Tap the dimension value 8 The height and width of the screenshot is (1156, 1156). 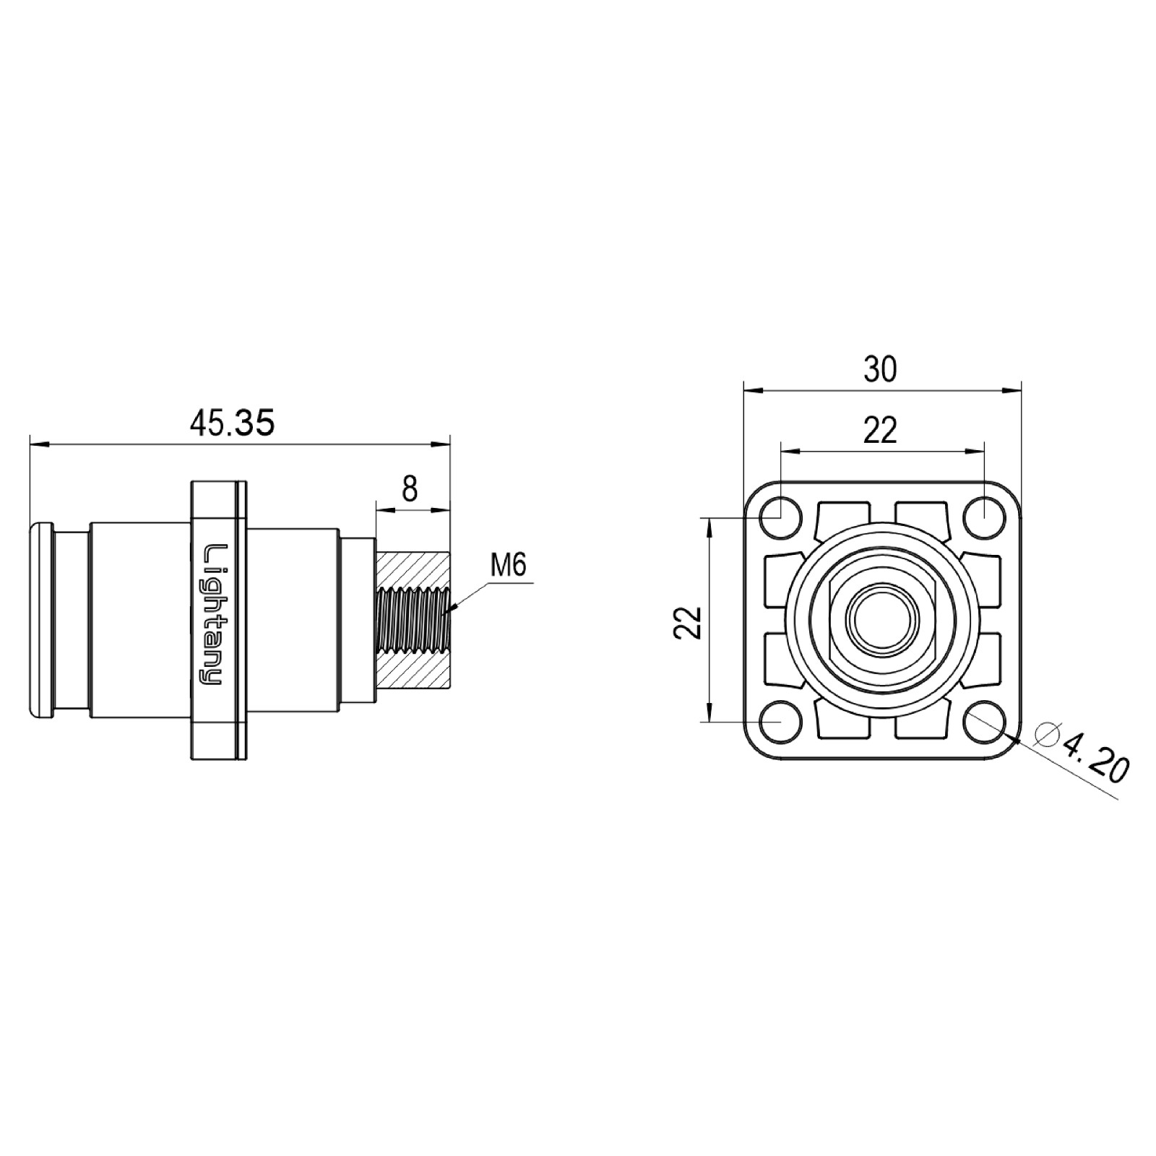coord(410,490)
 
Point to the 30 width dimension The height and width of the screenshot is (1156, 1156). coord(880,370)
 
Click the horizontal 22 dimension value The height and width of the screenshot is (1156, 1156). coord(880,431)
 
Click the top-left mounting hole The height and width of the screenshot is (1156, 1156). coord(781,518)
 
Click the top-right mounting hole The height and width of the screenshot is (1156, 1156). coord(985,518)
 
